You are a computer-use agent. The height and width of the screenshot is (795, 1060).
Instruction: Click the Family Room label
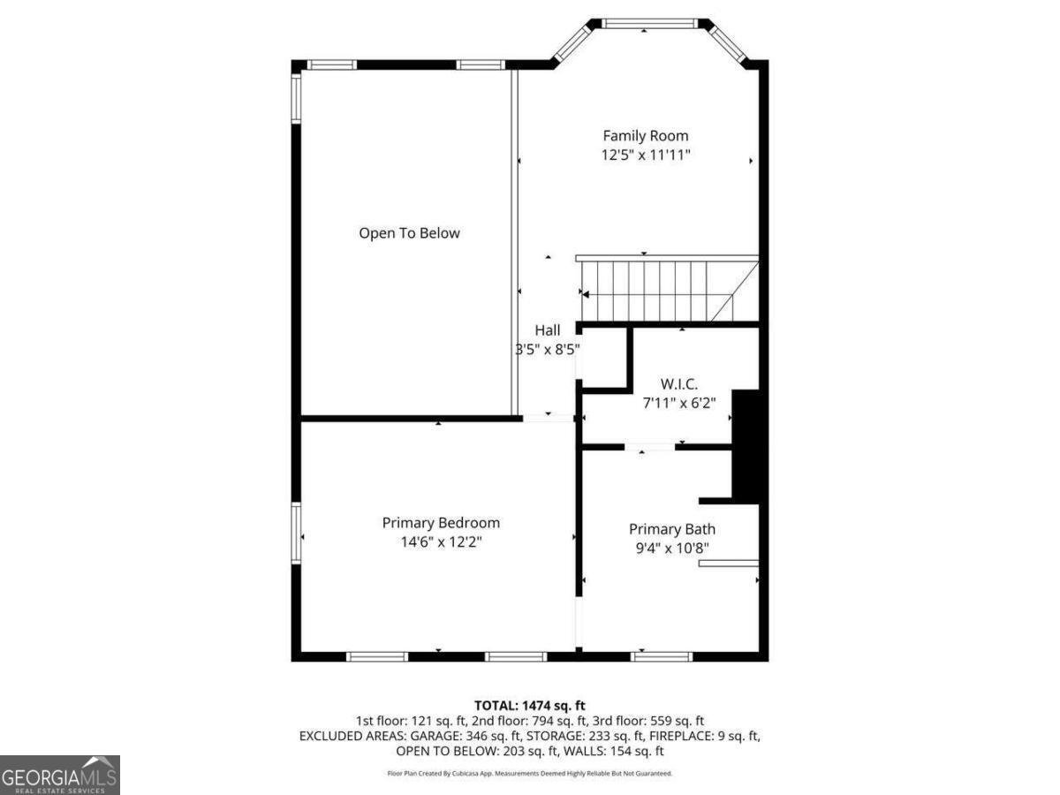pos(645,136)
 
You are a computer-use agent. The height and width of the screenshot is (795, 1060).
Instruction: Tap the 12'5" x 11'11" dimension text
pos(645,155)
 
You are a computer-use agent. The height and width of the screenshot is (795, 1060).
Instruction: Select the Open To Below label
pos(409,233)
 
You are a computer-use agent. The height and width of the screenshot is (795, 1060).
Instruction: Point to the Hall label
pos(548,330)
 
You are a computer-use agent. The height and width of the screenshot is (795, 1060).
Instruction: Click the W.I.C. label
pos(679,384)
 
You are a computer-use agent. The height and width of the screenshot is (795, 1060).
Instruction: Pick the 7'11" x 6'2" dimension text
pos(679,402)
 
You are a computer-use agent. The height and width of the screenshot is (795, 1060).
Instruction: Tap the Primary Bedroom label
pos(441,523)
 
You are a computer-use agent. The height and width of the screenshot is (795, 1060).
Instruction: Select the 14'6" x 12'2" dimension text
pos(441,541)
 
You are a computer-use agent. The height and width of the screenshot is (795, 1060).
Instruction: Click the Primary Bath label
pos(671,529)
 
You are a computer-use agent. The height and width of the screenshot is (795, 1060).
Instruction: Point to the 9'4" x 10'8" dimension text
pos(671,548)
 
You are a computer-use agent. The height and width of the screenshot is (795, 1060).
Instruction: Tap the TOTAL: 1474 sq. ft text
pos(529,705)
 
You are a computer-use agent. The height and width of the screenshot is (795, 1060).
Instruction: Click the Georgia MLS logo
pos(59,775)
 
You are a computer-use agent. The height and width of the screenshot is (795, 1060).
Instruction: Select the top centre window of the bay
pos(649,24)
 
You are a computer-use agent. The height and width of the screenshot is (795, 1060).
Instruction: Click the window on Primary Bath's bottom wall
pos(662,655)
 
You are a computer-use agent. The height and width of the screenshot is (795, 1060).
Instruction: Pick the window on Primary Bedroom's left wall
pos(297,534)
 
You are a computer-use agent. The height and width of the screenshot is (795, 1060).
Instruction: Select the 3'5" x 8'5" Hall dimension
pos(548,349)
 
